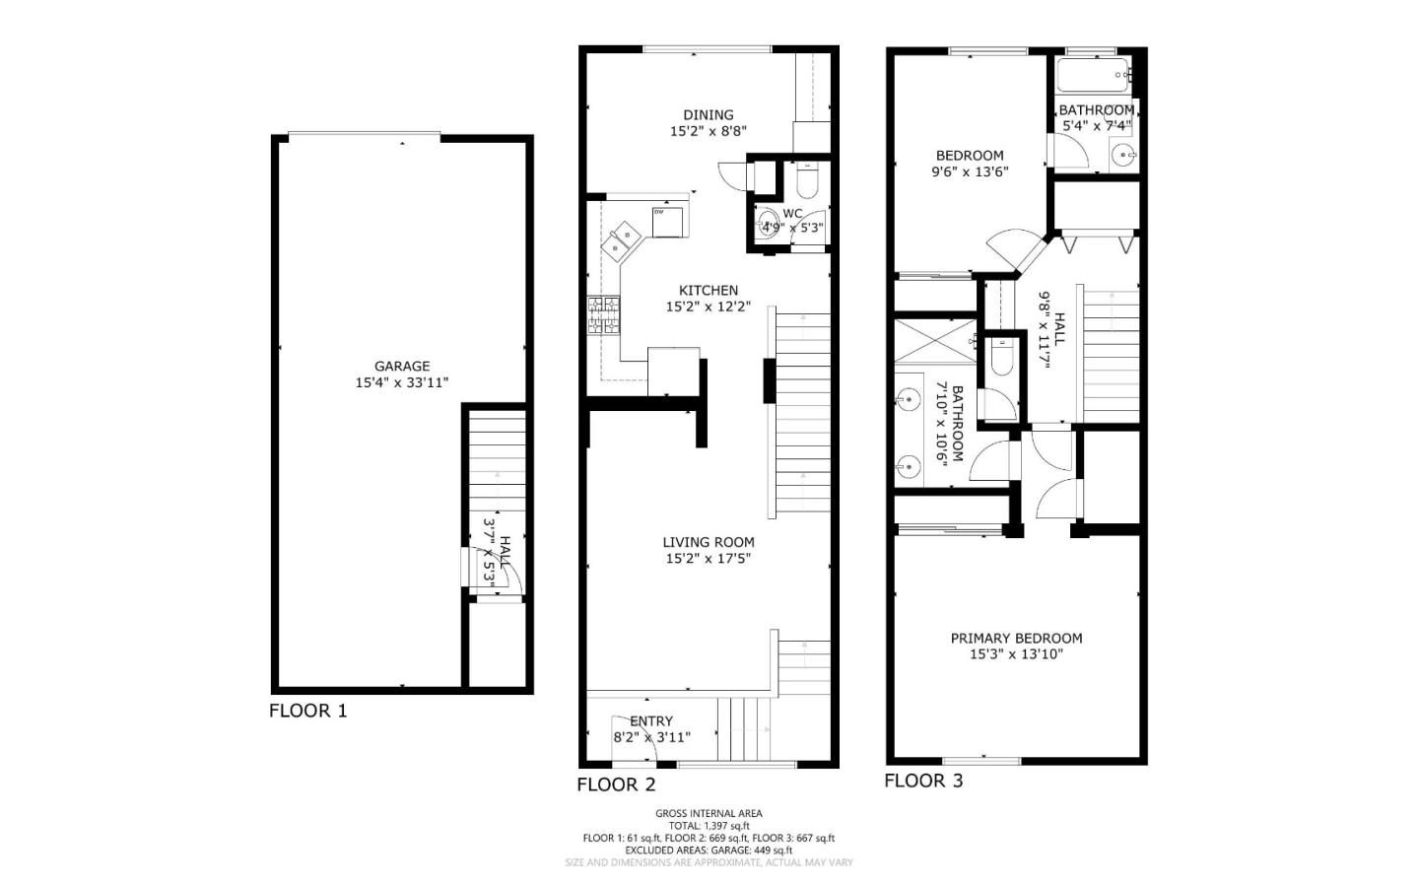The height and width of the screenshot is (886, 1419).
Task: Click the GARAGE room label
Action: pos(401,367)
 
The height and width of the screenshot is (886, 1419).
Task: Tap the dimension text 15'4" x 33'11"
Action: pos(401,382)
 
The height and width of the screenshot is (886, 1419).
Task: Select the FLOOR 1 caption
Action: pos(308,711)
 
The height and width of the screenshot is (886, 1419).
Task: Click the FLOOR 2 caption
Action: pos(616,784)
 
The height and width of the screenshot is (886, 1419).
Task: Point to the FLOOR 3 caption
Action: pos(923,781)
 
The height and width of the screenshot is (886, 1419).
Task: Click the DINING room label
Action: pos(709,114)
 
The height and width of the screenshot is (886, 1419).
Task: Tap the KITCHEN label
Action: pos(709,290)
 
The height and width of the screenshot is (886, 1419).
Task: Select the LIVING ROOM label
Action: pos(709,542)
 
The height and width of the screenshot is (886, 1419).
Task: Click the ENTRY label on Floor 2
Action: pos(651,720)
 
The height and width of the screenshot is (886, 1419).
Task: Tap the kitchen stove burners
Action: pos(604,315)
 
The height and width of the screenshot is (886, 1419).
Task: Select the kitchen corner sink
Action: pos(620,239)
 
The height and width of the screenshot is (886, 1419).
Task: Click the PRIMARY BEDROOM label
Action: pos(1016,638)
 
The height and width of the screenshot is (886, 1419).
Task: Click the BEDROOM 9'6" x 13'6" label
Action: pos(970,155)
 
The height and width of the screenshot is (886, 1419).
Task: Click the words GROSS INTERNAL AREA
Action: pos(709,813)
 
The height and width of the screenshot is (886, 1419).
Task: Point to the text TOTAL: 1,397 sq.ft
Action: pos(709,826)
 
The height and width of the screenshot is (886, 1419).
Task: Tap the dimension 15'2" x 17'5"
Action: pos(709,558)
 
